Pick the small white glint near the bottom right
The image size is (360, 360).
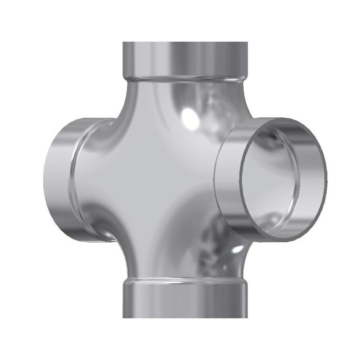click(237, 249)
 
